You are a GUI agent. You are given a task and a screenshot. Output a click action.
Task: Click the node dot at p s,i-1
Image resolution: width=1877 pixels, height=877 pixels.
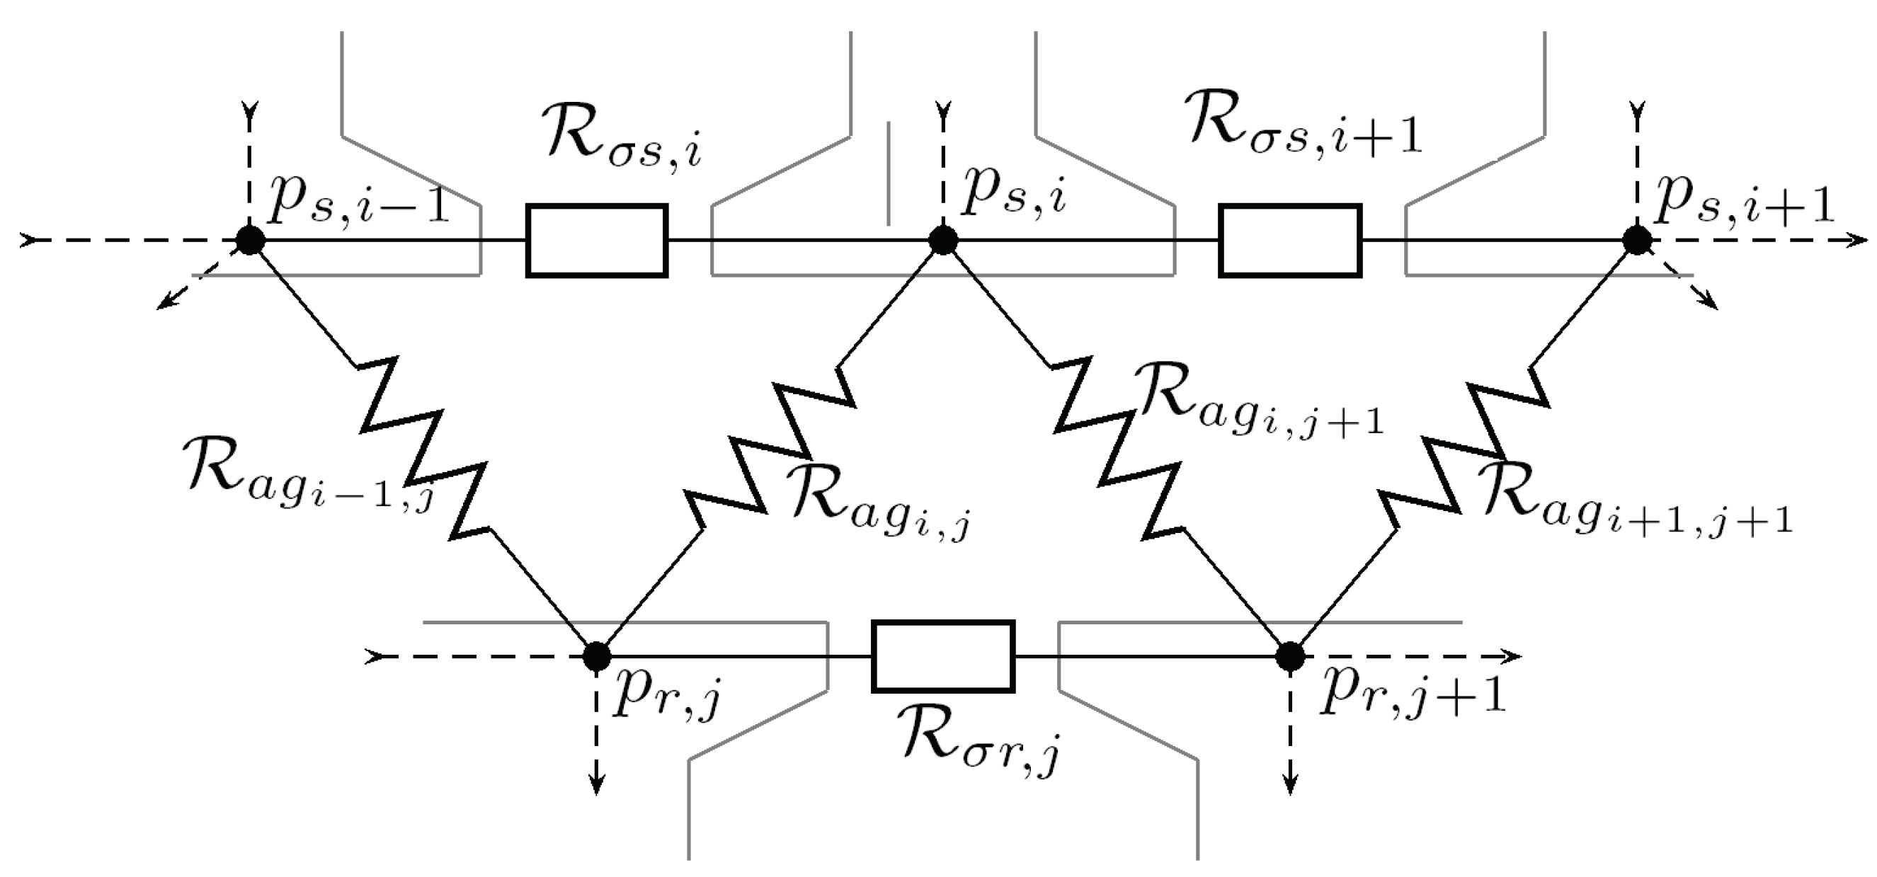(x=250, y=241)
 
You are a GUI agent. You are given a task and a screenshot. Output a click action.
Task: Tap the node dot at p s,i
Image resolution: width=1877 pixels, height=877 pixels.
(x=944, y=241)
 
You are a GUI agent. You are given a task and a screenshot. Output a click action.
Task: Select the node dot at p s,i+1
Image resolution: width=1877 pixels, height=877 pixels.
(x=1637, y=241)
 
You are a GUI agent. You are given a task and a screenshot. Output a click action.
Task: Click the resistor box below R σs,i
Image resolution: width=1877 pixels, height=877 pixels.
(x=597, y=241)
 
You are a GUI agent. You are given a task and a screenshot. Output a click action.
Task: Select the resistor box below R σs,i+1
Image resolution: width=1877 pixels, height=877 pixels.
(x=1291, y=241)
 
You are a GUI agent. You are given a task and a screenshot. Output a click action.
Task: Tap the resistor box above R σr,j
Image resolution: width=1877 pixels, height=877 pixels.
(x=944, y=656)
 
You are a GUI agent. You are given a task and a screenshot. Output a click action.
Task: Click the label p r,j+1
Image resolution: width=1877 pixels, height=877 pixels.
(x=1410, y=696)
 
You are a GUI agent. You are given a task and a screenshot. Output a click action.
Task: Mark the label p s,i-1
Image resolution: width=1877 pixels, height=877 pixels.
(x=357, y=200)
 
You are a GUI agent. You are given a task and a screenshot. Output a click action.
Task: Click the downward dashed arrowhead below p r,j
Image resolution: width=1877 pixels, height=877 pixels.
(x=597, y=786)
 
